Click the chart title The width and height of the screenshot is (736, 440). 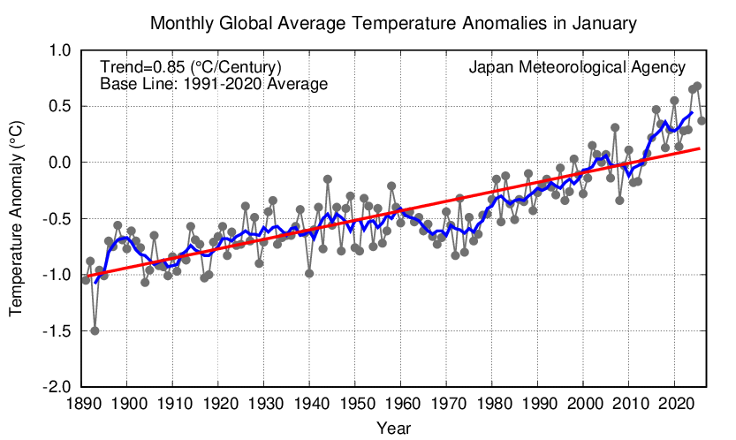(393, 22)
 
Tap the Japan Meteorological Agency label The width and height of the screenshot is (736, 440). (577, 67)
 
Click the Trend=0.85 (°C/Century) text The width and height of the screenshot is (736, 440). (191, 67)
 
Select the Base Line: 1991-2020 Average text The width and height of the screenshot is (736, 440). (214, 84)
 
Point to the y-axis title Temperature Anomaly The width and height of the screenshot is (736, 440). (16, 219)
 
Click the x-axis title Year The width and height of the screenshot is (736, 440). (392, 428)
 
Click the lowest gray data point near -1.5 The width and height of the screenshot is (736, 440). (95, 330)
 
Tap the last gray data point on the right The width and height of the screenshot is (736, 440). (702, 121)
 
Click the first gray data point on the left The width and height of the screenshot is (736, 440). (86, 279)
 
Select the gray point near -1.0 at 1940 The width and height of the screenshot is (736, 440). (309, 273)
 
